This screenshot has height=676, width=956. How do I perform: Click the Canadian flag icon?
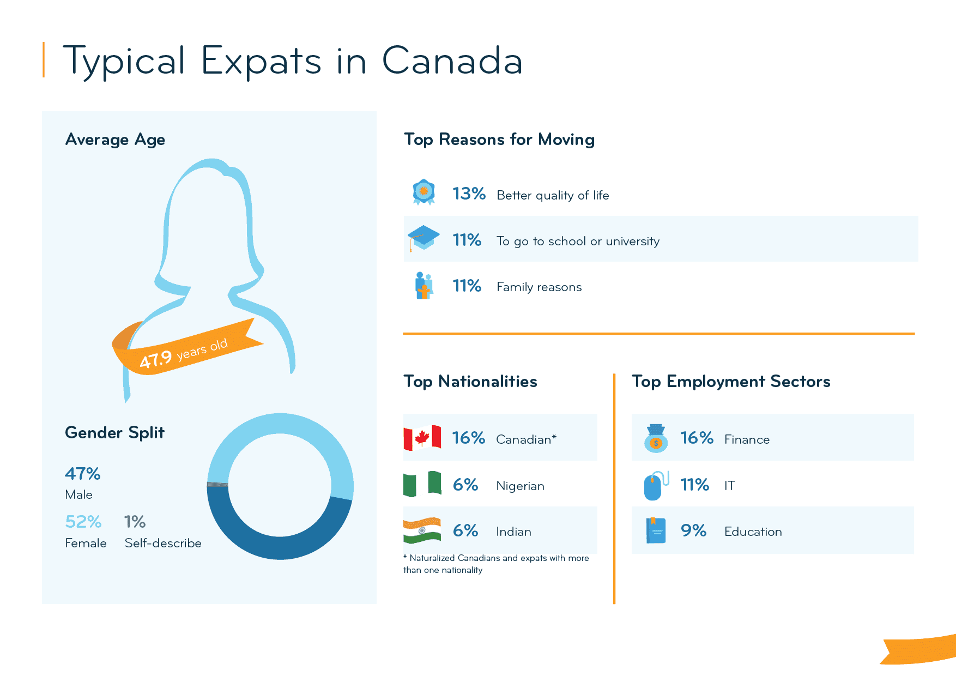coord(422,438)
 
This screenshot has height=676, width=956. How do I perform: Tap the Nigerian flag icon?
coord(422,484)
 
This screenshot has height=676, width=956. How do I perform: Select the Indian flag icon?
coord(422,530)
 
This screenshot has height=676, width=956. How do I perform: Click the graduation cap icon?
coord(423,238)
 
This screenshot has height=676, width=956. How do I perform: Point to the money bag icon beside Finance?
coord(656,438)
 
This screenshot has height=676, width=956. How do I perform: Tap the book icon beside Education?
coord(656,530)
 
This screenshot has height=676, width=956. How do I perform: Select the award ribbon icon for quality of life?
coord(423,192)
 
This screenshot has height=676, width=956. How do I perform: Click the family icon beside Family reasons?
coord(423,286)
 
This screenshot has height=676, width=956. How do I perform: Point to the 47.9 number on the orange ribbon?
coord(156,359)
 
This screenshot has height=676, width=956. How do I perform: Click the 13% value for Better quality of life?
coord(469,194)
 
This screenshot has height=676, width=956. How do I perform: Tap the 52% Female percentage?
coord(83,522)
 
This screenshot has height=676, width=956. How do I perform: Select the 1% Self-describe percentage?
coord(135,522)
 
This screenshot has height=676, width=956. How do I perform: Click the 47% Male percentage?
coord(82,474)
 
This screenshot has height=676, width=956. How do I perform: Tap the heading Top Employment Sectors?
coord(730,382)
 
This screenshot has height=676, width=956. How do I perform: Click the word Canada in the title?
coord(452,61)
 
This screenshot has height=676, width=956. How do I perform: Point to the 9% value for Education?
coord(693,530)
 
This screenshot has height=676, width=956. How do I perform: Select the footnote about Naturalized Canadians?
coord(496,564)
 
